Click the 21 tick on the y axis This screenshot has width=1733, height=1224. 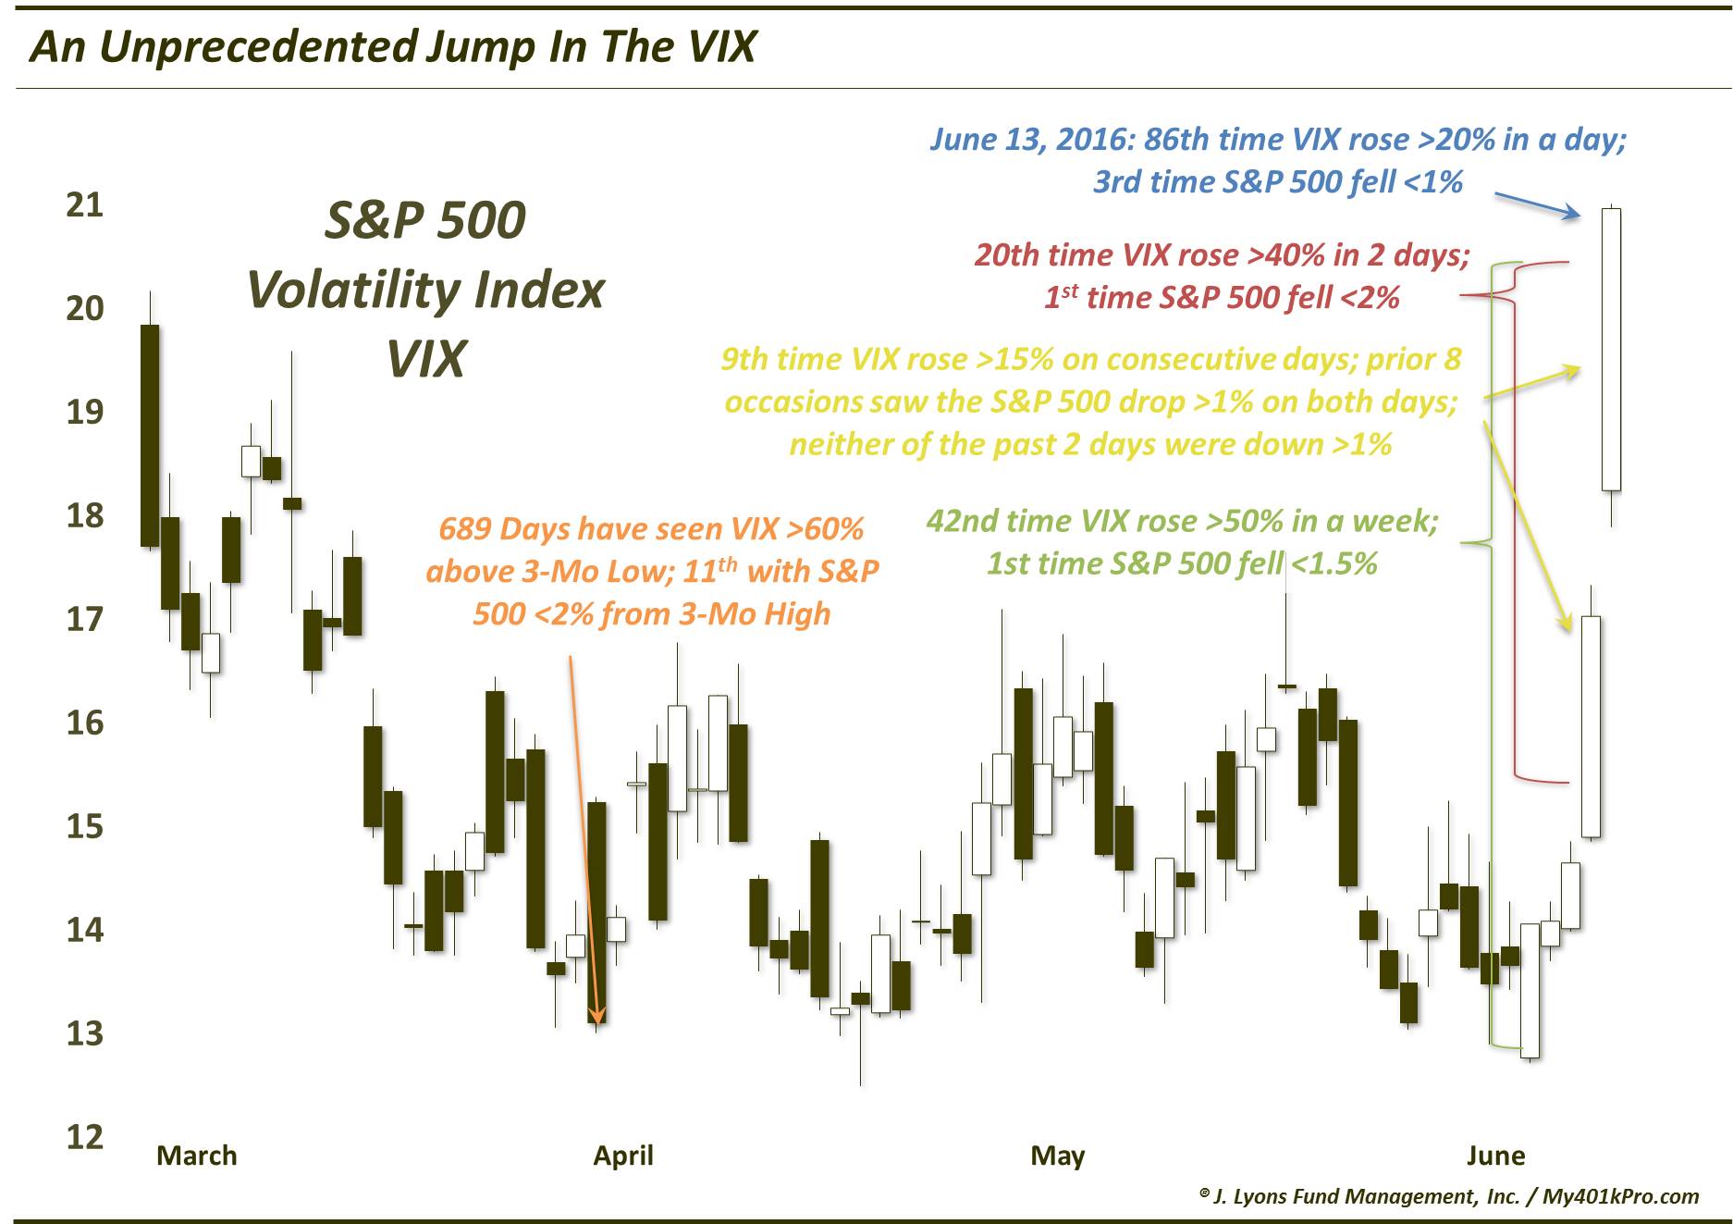[x=84, y=204]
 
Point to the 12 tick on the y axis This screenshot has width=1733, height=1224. [x=84, y=1137]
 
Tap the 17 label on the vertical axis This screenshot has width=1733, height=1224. [x=84, y=619]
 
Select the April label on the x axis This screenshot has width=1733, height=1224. [x=623, y=1156]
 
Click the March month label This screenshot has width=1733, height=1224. [x=196, y=1156]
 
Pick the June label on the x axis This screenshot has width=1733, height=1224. [x=1495, y=1156]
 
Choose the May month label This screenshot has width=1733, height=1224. [x=1058, y=1156]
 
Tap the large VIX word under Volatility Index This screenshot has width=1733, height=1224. [x=425, y=359]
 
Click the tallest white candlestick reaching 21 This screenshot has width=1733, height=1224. [x=1611, y=349]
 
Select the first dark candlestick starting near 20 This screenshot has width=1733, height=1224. [x=150, y=435]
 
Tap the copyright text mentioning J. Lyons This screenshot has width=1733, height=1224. [x=1448, y=1196]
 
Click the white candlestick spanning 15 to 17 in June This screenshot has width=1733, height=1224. [x=1591, y=726]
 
